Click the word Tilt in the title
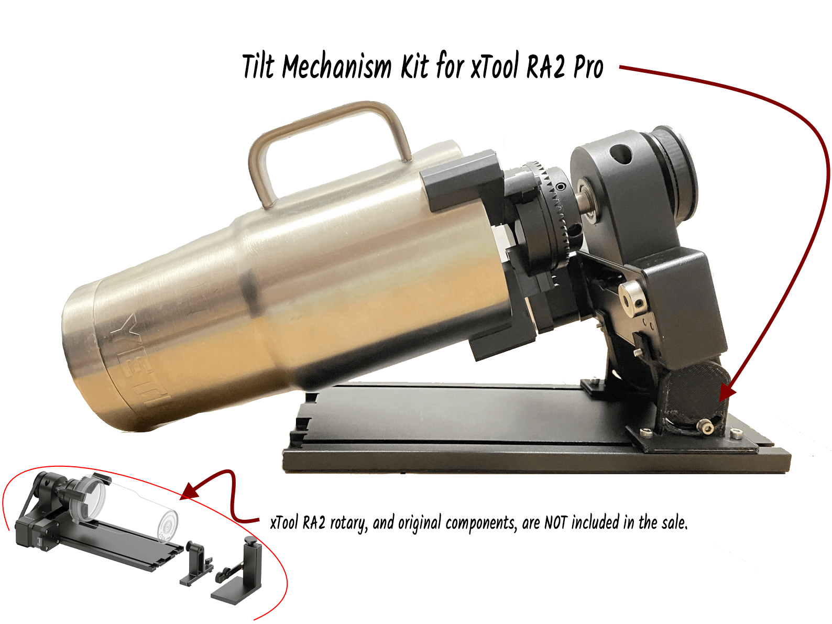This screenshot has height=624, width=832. click(258, 67)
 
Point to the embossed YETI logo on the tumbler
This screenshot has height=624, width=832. click(139, 362)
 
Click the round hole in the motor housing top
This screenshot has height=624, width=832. click(620, 154)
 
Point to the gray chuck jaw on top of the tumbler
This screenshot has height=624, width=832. click(461, 181)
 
